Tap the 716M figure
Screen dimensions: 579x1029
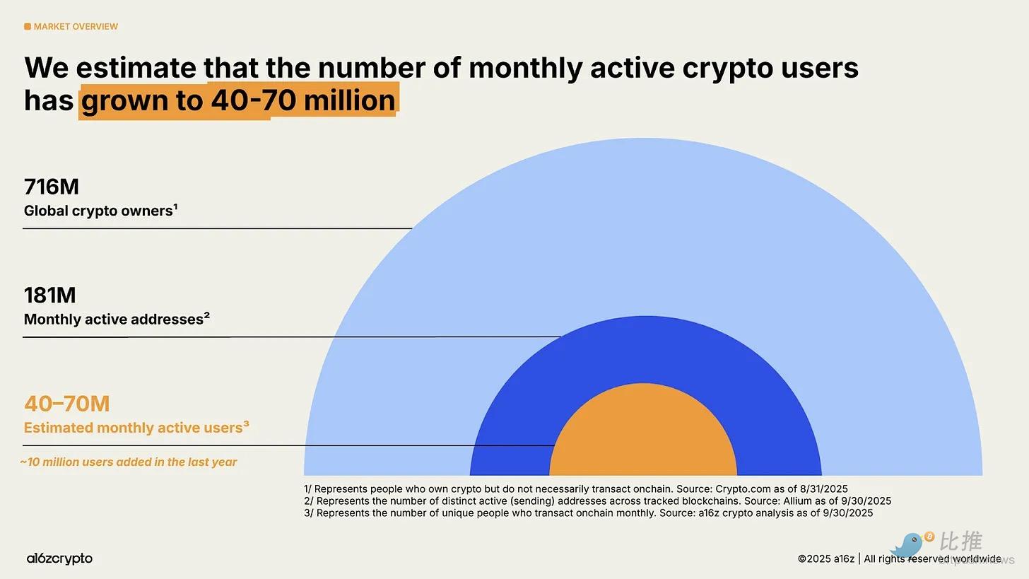pos(52,187)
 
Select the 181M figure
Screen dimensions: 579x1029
pos(50,296)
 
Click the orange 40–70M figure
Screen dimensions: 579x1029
pos(67,404)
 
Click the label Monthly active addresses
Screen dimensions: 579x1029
pos(117,320)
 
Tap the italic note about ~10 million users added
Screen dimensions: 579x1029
pos(129,462)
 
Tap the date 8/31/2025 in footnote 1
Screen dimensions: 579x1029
pos(821,489)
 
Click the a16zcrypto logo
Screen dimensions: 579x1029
pos(59,558)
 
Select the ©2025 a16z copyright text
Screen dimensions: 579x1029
pos(825,559)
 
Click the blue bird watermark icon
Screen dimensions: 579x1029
pos(908,545)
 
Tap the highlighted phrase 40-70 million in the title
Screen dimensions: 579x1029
pos(302,100)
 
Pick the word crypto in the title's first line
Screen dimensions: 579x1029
pos(734,69)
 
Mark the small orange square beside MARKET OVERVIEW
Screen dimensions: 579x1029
pos(28,27)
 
